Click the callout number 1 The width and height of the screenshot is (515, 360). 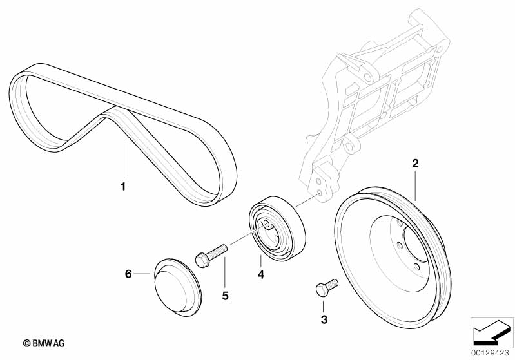pos(122,187)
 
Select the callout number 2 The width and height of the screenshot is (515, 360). pos(416,164)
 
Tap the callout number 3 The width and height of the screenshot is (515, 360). pos(325,319)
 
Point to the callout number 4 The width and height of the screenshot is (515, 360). pos(260,275)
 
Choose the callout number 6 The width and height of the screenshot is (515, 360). pos(128,274)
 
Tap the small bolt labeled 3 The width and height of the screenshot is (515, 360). pos(326,286)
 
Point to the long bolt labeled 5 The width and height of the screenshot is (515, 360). pos(213,251)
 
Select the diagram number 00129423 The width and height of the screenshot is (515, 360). pos(492,352)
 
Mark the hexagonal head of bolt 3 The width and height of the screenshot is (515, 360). pos(321,289)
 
